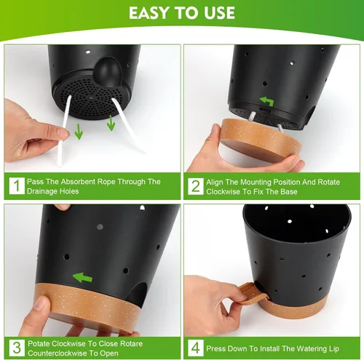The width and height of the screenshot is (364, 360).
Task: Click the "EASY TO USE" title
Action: click(x=182, y=13)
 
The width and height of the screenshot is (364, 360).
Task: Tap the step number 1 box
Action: click(x=17, y=186)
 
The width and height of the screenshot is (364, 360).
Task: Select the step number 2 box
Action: click(x=196, y=186)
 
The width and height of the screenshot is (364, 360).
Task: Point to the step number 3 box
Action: click(x=17, y=348)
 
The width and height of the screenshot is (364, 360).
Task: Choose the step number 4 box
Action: click(x=196, y=348)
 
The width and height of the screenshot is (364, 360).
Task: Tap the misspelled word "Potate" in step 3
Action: click(x=39, y=343)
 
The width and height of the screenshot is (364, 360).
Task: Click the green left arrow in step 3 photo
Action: click(x=82, y=278)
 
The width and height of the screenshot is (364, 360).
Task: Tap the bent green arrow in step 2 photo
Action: click(x=267, y=101)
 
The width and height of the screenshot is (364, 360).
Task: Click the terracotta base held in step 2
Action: click(x=261, y=140)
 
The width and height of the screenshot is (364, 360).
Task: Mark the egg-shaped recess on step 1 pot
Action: click(x=108, y=72)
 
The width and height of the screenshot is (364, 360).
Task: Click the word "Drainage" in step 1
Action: click(x=39, y=191)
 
